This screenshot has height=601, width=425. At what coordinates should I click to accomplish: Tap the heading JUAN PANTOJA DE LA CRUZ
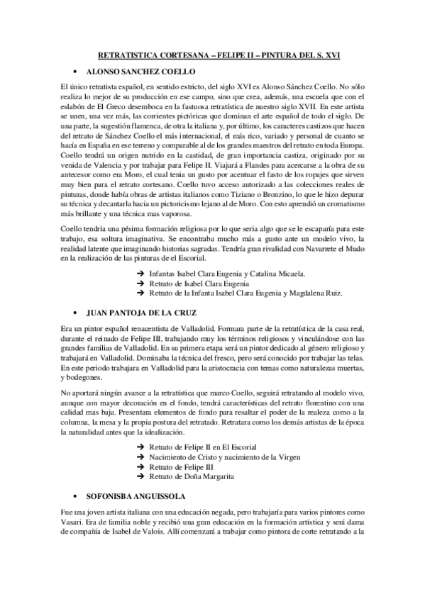tap(138, 311)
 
